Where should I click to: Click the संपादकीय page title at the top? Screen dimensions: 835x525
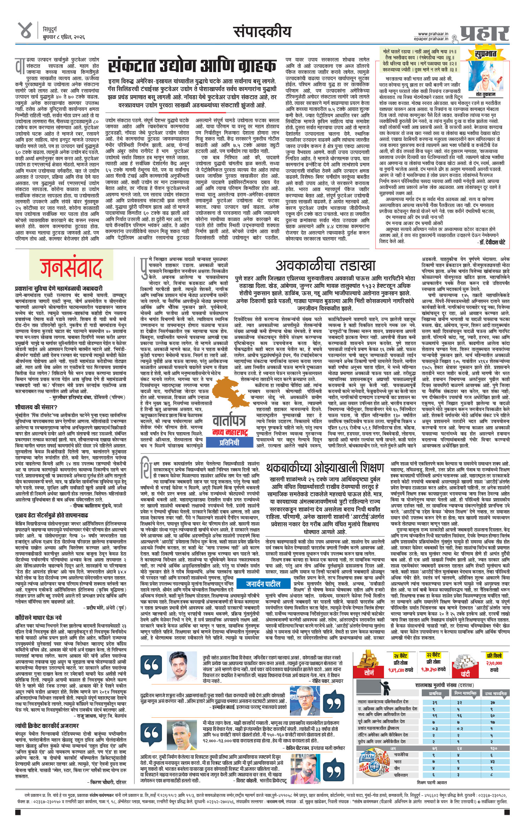262,32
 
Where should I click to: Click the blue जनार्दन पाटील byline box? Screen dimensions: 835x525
263,584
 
